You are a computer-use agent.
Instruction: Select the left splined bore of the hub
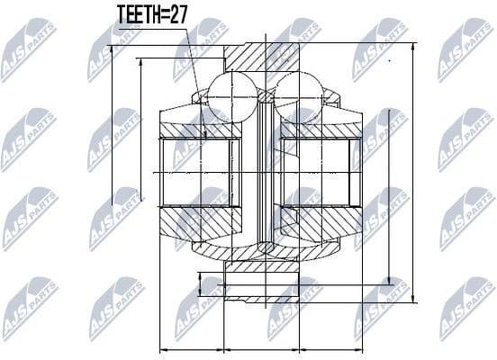click(x=200, y=171)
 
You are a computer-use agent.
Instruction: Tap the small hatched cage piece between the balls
click(x=264, y=94)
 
